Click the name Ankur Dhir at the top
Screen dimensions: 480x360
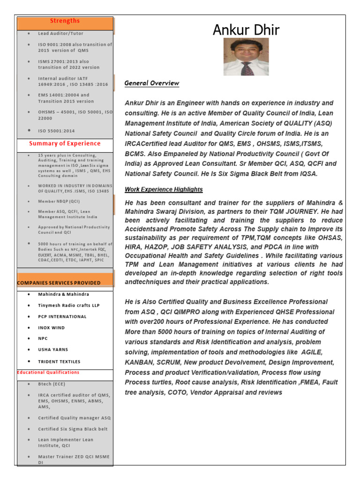point(246,30)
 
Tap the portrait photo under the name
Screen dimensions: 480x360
point(246,57)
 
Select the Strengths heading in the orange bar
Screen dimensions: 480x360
point(65,21)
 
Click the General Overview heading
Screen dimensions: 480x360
point(151,83)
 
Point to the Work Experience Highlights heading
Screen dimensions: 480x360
point(164,189)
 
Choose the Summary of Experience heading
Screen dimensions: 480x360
point(65,143)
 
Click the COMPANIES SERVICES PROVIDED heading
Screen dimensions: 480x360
point(59,283)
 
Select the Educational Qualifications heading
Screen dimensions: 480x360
point(48,372)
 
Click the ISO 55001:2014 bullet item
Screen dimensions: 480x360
point(56,131)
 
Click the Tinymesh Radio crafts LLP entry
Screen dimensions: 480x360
point(68,305)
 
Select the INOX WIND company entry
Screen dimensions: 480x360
point(52,328)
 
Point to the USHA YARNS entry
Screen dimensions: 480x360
point(53,350)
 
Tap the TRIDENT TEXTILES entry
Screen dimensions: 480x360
point(59,361)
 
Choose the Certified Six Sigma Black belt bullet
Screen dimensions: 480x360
point(73,429)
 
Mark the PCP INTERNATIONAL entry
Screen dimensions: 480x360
point(62,316)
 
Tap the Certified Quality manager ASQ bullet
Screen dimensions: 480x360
point(75,418)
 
